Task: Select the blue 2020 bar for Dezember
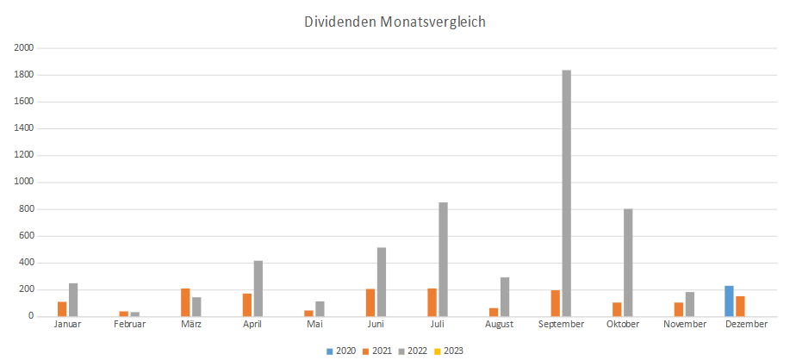click(729, 301)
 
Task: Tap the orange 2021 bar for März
click(185, 302)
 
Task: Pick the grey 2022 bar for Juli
click(443, 259)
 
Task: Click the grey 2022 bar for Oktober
click(628, 263)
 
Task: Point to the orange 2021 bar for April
click(247, 305)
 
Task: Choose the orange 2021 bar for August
click(494, 312)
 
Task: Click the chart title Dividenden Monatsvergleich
click(395, 22)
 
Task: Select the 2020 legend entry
click(342, 351)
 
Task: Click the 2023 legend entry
click(449, 351)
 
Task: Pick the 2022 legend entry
click(413, 351)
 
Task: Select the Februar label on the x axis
click(129, 325)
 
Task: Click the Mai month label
click(314, 325)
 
